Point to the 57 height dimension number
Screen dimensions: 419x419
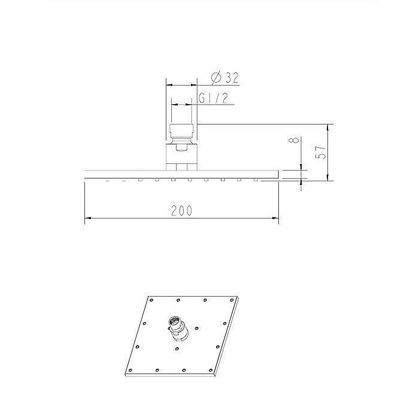click(321, 153)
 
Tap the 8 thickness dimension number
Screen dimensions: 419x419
click(293, 142)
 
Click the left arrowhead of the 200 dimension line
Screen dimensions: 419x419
click(86, 218)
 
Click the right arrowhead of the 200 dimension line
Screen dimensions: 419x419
click(276, 218)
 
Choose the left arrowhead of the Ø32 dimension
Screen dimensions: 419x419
click(166, 85)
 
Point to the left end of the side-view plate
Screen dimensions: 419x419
click(83, 174)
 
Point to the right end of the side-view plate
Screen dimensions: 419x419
click(278, 174)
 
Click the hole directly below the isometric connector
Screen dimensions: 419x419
click(177, 348)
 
